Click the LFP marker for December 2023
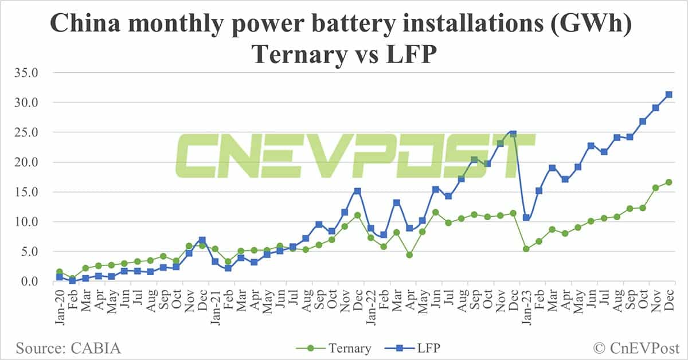click(x=669, y=95)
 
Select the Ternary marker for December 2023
click(x=669, y=182)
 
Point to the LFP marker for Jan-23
click(x=526, y=218)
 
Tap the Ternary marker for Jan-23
click(x=526, y=249)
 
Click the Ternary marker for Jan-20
click(x=59, y=272)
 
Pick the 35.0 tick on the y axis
click(x=28, y=73)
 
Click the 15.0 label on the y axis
click(x=28, y=192)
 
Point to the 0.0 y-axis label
click(x=30, y=281)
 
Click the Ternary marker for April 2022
click(x=409, y=255)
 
